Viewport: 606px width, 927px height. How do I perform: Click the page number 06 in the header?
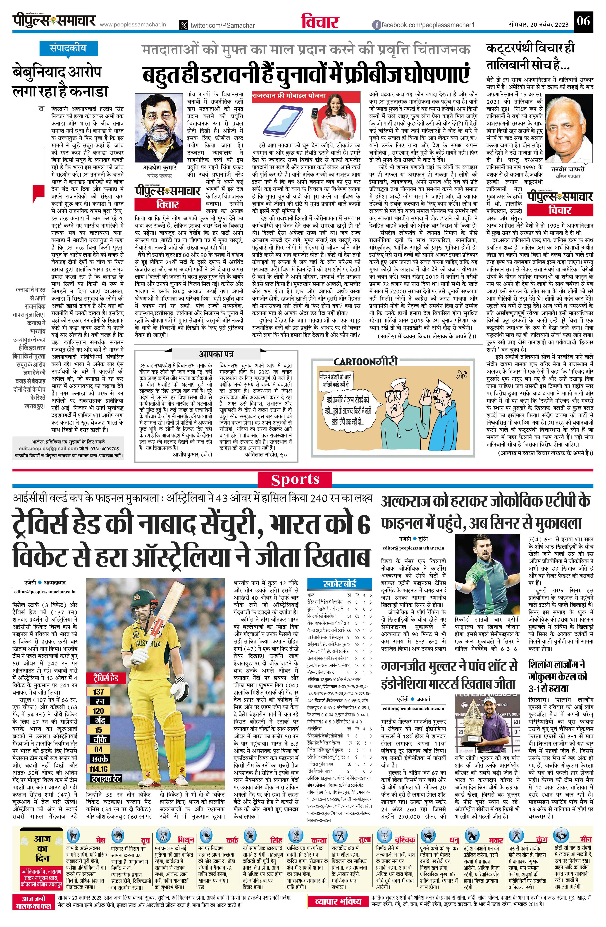(x=583, y=20)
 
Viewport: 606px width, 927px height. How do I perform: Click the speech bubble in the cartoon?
(x=348, y=409)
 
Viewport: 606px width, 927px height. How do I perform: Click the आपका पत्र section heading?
(x=216, y=354)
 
